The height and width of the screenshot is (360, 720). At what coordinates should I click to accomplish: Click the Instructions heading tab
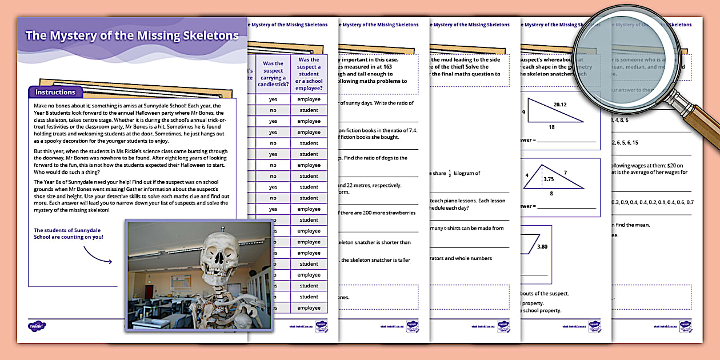point(55,92)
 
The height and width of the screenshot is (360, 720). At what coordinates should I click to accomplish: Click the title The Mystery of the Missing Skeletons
point(132,35)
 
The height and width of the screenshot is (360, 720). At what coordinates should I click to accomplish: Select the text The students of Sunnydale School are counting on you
point(69,234)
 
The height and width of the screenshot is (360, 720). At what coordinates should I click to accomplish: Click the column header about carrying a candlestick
point(273,74)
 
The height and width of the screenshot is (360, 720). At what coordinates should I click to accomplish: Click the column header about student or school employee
point(309,74)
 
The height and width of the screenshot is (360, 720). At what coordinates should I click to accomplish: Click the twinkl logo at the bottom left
point(37,326)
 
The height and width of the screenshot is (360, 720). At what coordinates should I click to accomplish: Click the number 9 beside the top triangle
point(523,112)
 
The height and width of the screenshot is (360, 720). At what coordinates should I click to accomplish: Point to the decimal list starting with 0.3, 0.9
point(652,202)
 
